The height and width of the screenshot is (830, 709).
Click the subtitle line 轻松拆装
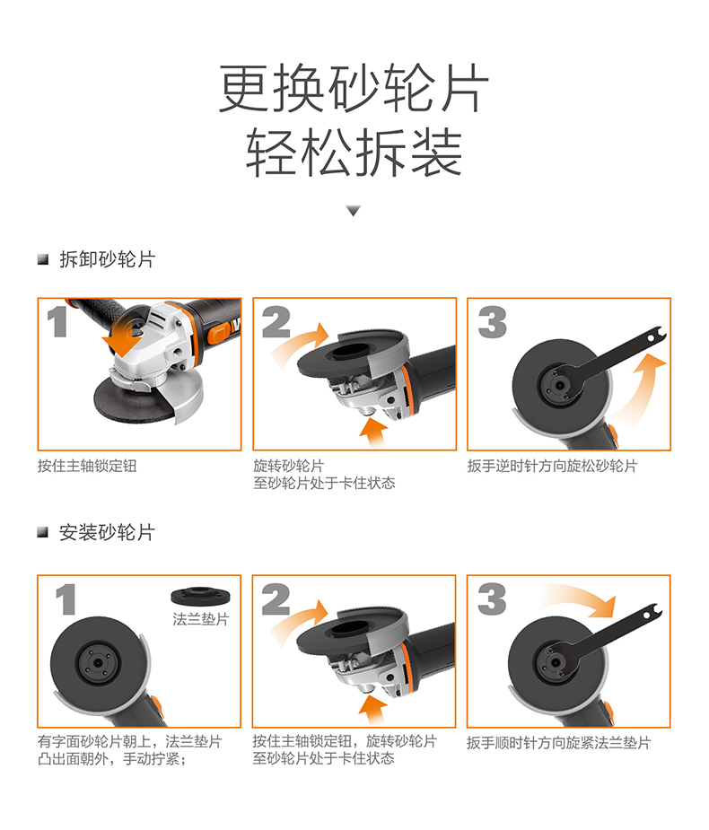point(354,153)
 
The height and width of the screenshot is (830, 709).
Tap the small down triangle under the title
point(354,211)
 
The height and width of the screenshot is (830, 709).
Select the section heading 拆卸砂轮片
point(106,260)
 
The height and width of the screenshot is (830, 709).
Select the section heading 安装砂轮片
point(106,533)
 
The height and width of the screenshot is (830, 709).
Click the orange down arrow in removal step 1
point(121,338)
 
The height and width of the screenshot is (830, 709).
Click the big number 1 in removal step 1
point(58,322)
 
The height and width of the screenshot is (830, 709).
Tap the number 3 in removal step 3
point(492,322)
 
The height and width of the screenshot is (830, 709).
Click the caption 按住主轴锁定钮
point(87,467)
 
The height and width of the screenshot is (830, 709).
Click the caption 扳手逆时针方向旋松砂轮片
point(552,467)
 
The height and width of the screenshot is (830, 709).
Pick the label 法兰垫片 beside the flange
point(201,619)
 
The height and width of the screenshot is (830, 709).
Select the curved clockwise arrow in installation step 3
point(583,599)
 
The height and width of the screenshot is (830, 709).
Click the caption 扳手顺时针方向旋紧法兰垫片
point(558,743)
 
